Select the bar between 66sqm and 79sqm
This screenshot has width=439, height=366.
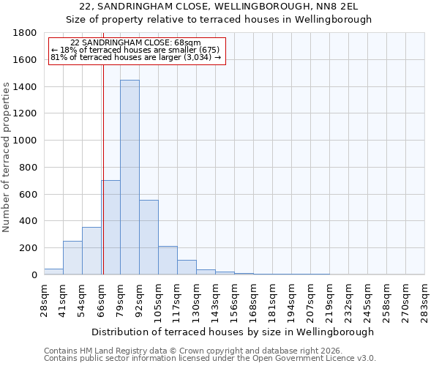(x=110, y=227)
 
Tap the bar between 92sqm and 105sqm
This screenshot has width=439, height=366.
(x=149, y=237)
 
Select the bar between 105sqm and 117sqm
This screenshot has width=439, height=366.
(x=168, y=261)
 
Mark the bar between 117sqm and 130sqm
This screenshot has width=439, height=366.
(x=187, y=267)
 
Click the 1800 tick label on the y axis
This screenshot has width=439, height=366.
(x=25, y=33)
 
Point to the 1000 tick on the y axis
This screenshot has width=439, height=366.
(x=25, y=141)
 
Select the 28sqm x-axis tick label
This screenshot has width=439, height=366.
(x=45, y=301)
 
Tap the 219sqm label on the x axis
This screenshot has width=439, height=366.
(x=330, y=301)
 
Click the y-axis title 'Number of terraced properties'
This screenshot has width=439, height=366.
(x=7, y=157)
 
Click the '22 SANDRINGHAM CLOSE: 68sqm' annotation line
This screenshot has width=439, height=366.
(x=136, y=43)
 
